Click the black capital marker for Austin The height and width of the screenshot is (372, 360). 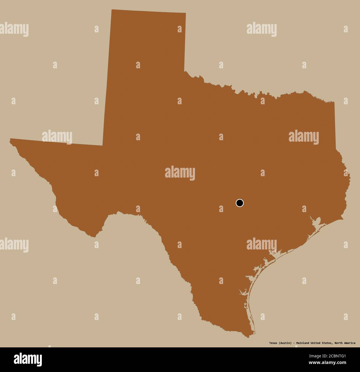(240, 203)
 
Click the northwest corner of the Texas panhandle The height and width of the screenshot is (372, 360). (111, 9)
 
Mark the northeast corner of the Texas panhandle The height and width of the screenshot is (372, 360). (186, 13)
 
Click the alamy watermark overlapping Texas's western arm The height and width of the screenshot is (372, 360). (57, 137)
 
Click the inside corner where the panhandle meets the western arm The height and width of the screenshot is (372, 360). (103, 145)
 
